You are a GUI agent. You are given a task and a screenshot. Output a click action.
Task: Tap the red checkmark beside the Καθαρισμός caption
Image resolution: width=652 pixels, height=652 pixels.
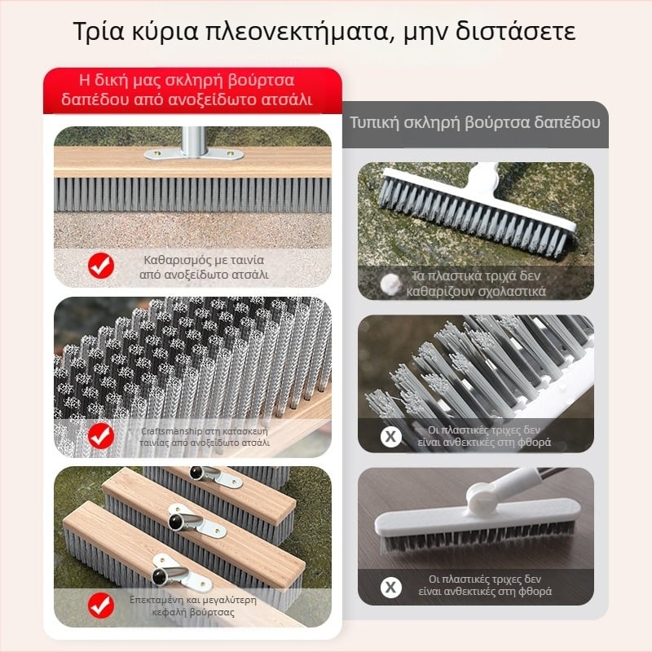coord(101,267)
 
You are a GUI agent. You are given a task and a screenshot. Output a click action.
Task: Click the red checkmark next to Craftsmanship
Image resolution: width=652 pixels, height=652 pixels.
coord(101,436)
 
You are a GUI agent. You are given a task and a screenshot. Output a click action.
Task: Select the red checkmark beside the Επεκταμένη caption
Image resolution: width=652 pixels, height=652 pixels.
coord(101,604)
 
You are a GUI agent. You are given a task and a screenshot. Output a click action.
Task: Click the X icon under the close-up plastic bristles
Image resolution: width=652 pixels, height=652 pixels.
coord(391,436)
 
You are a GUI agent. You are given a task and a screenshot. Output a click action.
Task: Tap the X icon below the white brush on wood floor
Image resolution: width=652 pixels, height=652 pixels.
coord(391,586)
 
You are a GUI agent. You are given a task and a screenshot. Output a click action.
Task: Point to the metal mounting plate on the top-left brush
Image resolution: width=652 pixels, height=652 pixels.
coord(193,152)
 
